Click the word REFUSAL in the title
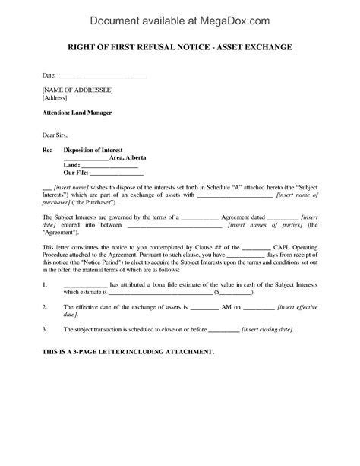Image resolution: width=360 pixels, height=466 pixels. (150, 49)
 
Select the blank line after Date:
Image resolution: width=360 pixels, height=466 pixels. (102, 77)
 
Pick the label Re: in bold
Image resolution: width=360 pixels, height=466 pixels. (48, 149)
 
